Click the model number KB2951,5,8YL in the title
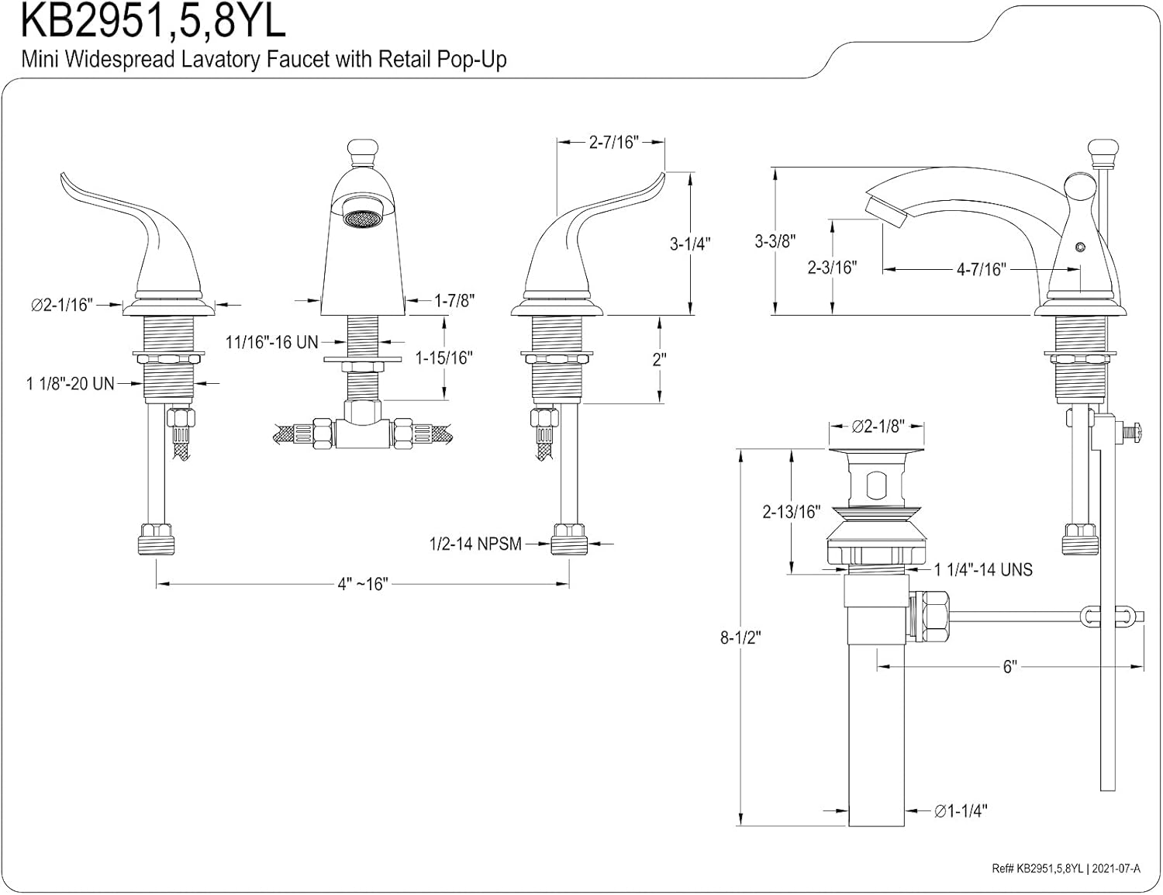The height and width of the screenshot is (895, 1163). point(153,22)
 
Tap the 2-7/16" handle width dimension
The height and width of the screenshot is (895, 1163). point(613,143)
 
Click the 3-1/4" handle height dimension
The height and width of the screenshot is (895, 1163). point(690,244)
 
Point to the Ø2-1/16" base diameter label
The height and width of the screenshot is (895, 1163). point(61,305)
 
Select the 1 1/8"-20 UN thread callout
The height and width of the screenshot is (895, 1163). point(70,383)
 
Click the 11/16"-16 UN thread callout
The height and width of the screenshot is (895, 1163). point(271,341)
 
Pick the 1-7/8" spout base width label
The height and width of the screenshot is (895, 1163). point(454,300)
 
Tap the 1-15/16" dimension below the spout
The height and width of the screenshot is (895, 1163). point(443,358)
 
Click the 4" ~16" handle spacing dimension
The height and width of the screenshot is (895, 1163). point(363,584)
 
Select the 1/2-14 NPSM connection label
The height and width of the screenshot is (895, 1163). point(475,544)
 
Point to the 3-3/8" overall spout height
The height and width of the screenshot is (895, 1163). point(775,241)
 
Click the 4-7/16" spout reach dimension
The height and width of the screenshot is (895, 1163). point(981,269)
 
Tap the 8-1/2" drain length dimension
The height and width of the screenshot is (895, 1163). point(740,638)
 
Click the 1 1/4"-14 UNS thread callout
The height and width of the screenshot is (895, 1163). point(983,570)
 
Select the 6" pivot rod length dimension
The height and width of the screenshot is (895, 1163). point(1009,667)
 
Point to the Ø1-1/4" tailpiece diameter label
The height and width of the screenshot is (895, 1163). point(961,811)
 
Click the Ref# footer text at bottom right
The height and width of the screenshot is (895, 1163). point(1065,869)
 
